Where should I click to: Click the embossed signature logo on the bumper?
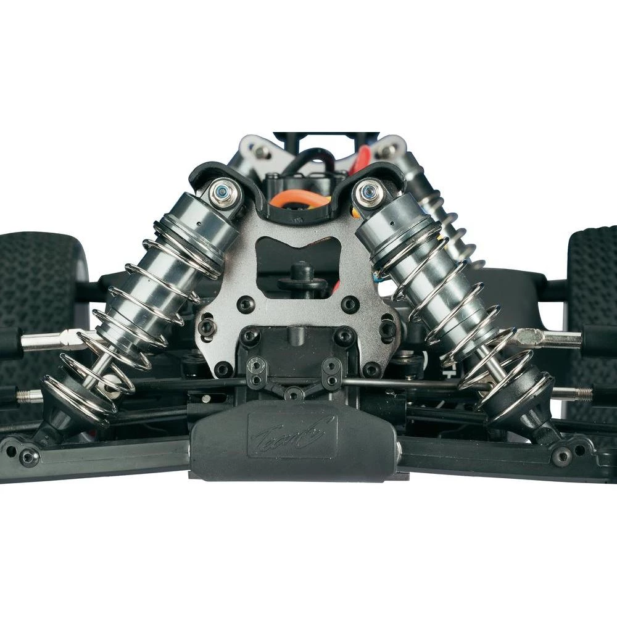292,436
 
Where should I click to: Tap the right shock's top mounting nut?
369,192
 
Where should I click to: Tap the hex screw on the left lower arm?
28,457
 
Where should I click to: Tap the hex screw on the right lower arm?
561,456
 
